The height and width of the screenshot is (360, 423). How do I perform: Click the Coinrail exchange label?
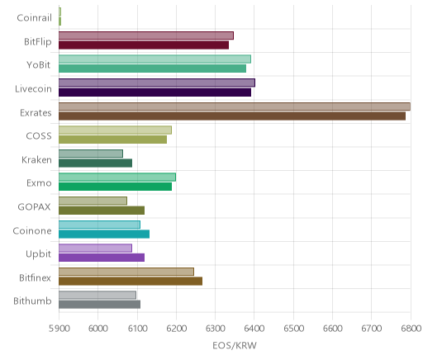click(x=34, y=18)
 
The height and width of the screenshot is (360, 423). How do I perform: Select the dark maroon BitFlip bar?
click(x=144, y=45)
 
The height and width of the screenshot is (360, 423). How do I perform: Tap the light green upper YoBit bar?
click(x=154, y=59)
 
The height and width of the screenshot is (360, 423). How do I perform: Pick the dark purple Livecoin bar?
click(x=155, y=92)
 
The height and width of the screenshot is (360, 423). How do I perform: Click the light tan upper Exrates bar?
click(x=235, y=107)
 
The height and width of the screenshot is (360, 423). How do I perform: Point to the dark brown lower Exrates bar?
click(x=232, y=116)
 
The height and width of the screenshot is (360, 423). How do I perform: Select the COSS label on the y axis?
click(x=39, y=136)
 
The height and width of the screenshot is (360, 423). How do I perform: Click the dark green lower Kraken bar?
click(x=96, y=163)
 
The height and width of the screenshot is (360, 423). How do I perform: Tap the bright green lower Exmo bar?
click(x=116, y=187)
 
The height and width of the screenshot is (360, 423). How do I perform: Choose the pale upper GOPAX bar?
click(x=93, y=201)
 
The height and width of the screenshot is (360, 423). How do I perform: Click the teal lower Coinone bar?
click(x=104, y=234)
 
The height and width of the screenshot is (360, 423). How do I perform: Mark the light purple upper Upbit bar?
click(x=95, y=248)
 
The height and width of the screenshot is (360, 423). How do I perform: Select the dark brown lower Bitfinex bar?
click(x=131, y=282)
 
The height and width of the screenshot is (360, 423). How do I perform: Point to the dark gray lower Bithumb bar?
click(x=100, y=305)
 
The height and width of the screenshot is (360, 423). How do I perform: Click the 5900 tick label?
click(x=59, y=329)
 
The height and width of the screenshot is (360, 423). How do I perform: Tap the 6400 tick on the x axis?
click(x=254, y=329)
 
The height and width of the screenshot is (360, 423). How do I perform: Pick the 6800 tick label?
click(x=411, y=329)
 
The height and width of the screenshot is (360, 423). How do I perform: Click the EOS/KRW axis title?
click(x=235, y=345)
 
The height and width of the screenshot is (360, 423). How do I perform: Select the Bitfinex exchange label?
click(x=35, y=278)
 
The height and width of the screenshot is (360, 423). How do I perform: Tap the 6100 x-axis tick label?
click(x=137, y=329)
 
